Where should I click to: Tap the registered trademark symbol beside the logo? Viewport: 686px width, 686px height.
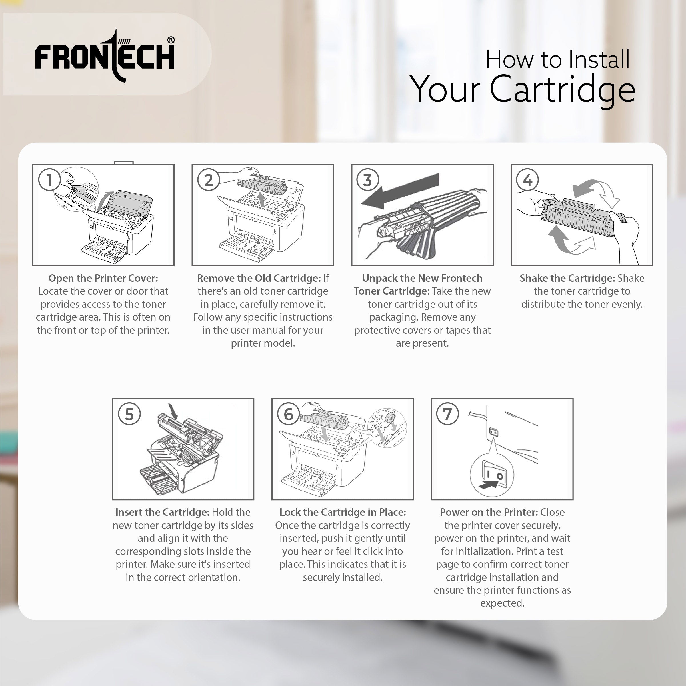[x=171, y=40]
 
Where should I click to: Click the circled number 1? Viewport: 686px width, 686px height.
[x=49, y=180]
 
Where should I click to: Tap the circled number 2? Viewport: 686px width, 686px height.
[x=209, y=180]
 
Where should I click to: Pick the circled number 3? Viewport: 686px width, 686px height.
[x=368, y=180]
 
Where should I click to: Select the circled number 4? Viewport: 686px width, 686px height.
[x=527, y=180]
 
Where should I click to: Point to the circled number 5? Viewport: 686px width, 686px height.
[x=129, y=414]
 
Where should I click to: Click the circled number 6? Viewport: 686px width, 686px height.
[x=289, y=414]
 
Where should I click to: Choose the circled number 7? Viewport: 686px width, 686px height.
[x=447, y=414]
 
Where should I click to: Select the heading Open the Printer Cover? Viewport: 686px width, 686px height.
[x=103, y=278]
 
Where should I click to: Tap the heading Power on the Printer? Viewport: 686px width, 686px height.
[x=489, y=512]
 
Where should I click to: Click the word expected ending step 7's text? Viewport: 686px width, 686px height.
[x=502, y=603]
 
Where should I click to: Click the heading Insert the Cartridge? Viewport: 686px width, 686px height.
[x=162, y=512]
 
